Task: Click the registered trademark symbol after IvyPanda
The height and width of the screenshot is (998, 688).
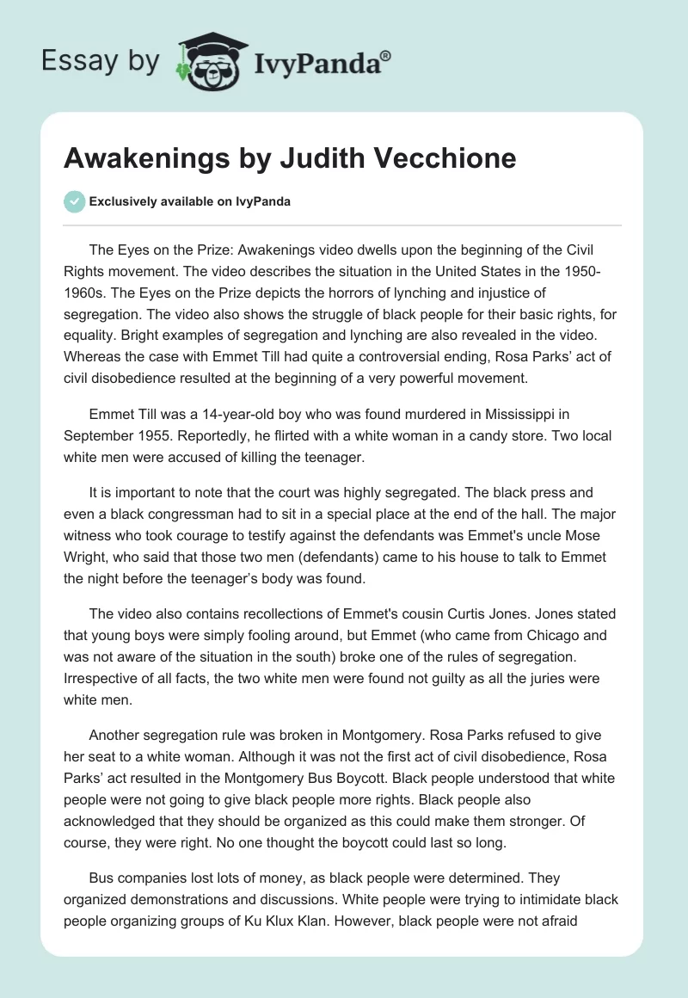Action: (385, 55)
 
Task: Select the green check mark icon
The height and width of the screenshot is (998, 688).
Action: (74, 201)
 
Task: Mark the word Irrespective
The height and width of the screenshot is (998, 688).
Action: (101, 678)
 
